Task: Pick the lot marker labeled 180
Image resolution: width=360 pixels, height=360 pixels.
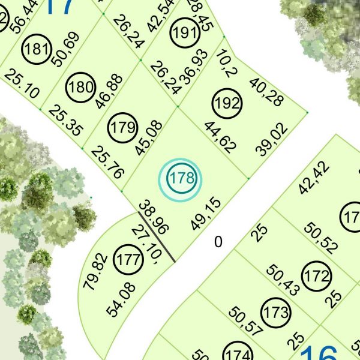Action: point(81,88)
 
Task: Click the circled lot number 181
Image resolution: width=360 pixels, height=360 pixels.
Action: point(37,49)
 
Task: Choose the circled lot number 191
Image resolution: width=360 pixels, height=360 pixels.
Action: point(184,32)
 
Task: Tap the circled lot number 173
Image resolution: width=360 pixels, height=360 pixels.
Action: point(276,313)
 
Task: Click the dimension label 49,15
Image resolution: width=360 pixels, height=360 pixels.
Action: point(206,213)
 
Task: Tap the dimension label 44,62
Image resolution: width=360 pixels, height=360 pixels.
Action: point(220,137)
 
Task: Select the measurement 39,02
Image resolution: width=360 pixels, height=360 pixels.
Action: point(272,140)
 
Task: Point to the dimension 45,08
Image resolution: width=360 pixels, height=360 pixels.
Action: point(149,138)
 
